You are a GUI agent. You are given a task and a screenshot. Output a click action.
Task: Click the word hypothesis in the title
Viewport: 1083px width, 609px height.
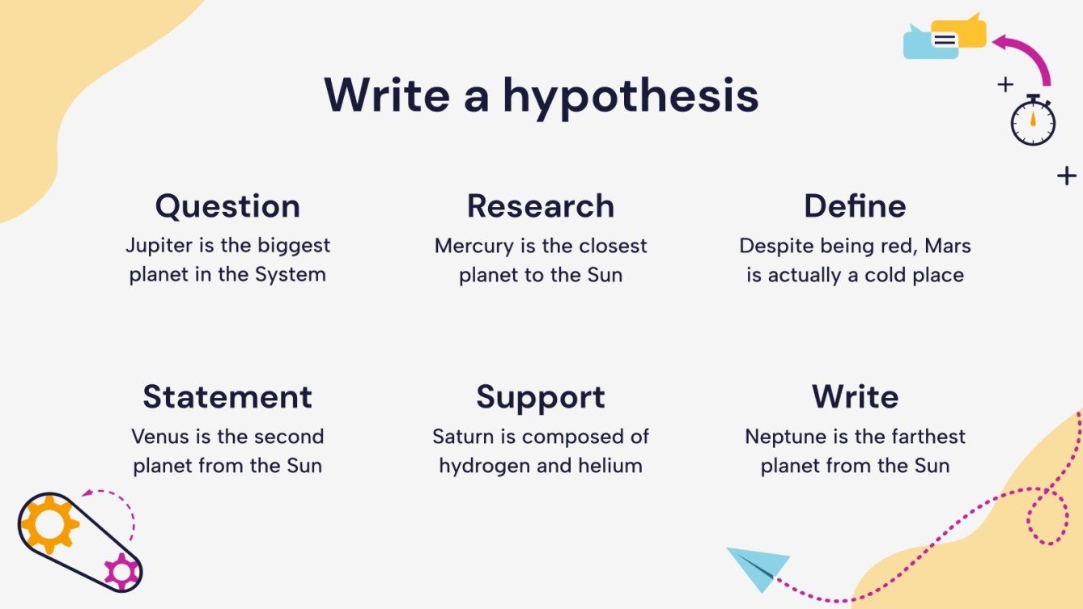coord(631,97)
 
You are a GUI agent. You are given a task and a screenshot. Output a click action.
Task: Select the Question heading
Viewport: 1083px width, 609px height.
coord(227,206)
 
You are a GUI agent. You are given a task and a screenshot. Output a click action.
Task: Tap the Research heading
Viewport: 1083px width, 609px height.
coord(541,206)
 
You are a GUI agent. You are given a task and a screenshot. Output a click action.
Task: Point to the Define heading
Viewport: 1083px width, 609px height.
coord(855,206)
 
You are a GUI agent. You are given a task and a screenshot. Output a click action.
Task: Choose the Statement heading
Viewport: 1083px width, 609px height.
coord(227,397)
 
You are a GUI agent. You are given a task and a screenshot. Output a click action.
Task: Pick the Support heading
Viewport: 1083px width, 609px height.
coord(541,397)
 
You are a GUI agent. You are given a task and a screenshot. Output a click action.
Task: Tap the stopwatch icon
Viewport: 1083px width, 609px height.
coord(1033,122)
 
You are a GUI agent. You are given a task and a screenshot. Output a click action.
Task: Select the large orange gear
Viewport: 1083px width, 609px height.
coord(49,524)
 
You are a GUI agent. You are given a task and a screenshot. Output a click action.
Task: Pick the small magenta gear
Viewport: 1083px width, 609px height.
coord(122,571)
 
